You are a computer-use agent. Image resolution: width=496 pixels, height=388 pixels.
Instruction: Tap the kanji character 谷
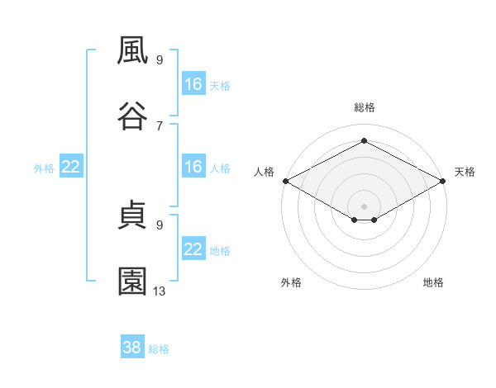click(x=133, y=115)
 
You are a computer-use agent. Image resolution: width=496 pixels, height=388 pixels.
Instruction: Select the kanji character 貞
click(x=133, y=216)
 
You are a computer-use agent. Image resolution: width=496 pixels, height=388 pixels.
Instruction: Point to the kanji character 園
click(x=133, y=282)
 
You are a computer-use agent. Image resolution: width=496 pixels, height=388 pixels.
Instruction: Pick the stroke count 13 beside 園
click(x=160, y=291)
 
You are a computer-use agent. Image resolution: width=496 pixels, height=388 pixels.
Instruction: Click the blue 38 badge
click(x=131, y=348)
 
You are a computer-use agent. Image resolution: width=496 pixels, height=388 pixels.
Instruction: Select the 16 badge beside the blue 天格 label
click(x=193, y=84)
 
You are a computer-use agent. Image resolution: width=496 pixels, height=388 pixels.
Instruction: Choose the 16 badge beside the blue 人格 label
click(x=193, y=167)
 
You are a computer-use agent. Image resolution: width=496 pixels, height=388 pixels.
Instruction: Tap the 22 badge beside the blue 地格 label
click(x=193, y=249)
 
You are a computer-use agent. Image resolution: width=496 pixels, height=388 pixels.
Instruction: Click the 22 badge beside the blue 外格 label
click(x=70, y=167)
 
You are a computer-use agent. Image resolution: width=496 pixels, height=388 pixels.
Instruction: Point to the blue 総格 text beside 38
click(x=159, y=349)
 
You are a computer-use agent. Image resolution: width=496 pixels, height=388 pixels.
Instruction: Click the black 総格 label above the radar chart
click(x=364, y=107)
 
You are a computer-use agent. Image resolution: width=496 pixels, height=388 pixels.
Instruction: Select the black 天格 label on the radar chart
click(x=465, y=172)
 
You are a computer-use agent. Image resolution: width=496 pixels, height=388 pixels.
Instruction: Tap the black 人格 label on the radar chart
click(x=264, y=172)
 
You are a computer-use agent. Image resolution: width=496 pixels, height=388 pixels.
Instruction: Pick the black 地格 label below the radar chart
click(x=433, y=282)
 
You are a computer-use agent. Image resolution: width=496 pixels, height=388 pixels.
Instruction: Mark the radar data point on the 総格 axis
click(x=364, y=140)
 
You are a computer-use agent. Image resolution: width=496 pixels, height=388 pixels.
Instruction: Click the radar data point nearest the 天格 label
click(x=443, y=181)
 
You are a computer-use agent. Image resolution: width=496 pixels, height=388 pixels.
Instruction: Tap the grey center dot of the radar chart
click(x=364, y=205)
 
